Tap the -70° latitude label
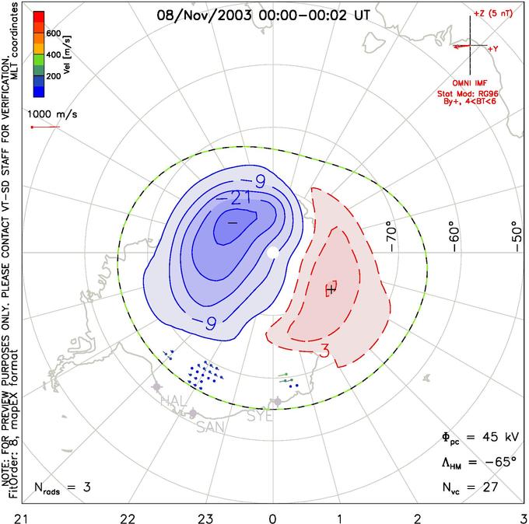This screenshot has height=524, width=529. pos(390,232)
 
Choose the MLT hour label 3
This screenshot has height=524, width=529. pos(523,516)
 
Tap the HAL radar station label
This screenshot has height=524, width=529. pos(173,400)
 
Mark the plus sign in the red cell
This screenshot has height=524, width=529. pos(331,288)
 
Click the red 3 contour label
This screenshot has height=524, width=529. pos(324,351)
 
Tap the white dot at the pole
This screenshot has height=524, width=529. pos(272,253)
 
